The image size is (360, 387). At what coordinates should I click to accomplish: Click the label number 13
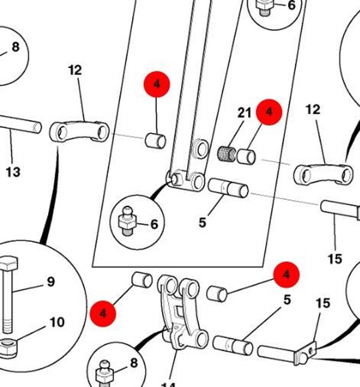coord(13,173)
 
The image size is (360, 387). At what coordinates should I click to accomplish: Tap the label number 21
coord(244,113)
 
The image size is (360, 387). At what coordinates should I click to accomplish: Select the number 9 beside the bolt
coord(50,281)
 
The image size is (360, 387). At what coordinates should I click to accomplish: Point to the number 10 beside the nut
coord(56,323)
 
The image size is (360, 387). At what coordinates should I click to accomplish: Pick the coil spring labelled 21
coord(225,153)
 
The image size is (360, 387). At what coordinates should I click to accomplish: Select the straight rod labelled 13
coord(18,125)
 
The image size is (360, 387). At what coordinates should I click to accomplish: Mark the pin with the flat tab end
coord(284,352)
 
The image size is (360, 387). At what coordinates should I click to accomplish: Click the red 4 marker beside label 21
coord(269,112)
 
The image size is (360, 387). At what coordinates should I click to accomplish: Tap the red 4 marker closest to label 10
coord(103,313)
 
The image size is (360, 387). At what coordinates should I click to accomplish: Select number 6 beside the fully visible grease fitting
coord(154,224)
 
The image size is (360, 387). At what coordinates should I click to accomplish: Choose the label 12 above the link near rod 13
coord(74,70)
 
